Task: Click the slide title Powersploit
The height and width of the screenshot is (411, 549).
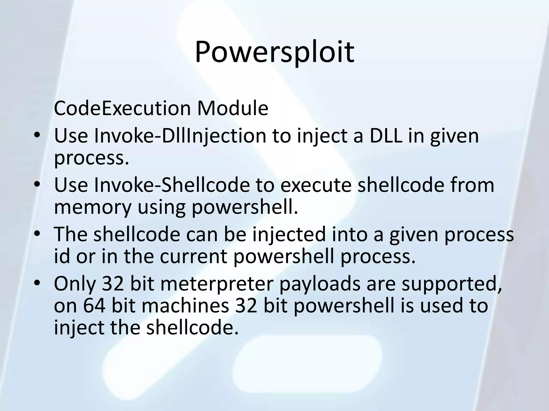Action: (274, 52)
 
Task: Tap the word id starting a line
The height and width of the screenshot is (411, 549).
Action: (62, 256)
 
